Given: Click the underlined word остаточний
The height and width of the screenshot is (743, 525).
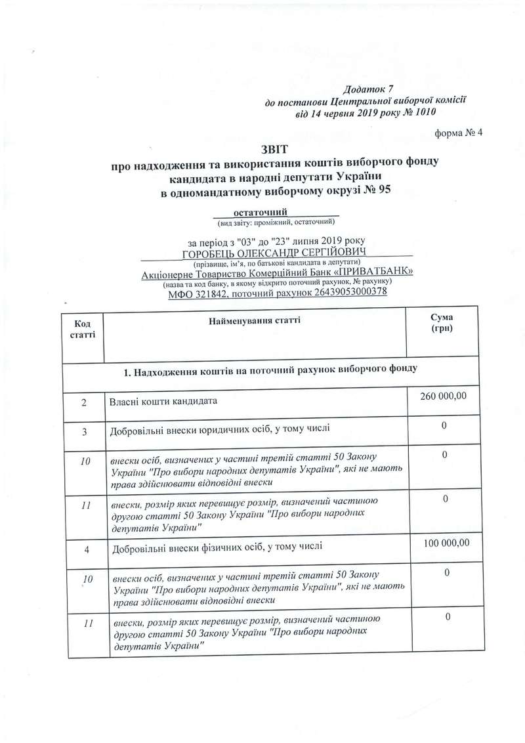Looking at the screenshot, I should (x=261, y=212).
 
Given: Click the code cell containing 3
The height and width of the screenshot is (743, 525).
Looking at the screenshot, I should (x=85, y=430).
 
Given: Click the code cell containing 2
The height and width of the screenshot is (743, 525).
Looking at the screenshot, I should (x=85, y=401).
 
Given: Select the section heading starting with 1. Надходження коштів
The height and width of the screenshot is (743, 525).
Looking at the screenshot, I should (x=269, y=370).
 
